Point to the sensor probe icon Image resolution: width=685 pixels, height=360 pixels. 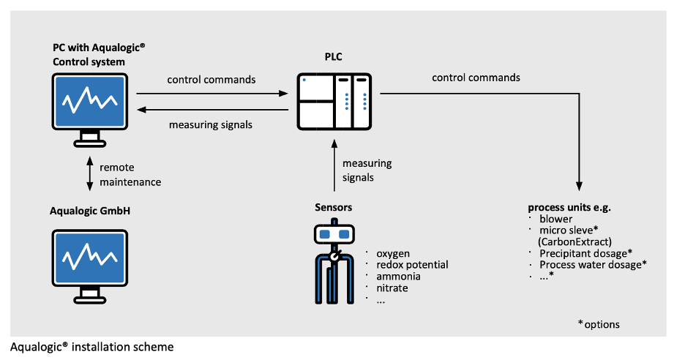tap(334, 263)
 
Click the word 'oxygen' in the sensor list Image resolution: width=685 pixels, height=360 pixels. tap(392, 254)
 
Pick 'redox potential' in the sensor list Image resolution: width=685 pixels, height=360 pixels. tap(412, 265)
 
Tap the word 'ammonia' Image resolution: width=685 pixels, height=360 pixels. tap(398, 277)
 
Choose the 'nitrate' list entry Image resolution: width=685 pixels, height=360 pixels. tap(392, 288)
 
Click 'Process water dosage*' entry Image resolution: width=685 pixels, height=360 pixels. tap(593, 264)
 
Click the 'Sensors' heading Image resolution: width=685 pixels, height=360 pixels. tap(333, 207)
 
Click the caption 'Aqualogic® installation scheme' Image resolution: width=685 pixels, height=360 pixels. tap(92, 346)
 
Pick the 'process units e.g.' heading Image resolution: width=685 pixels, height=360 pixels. tap(569, 207)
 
